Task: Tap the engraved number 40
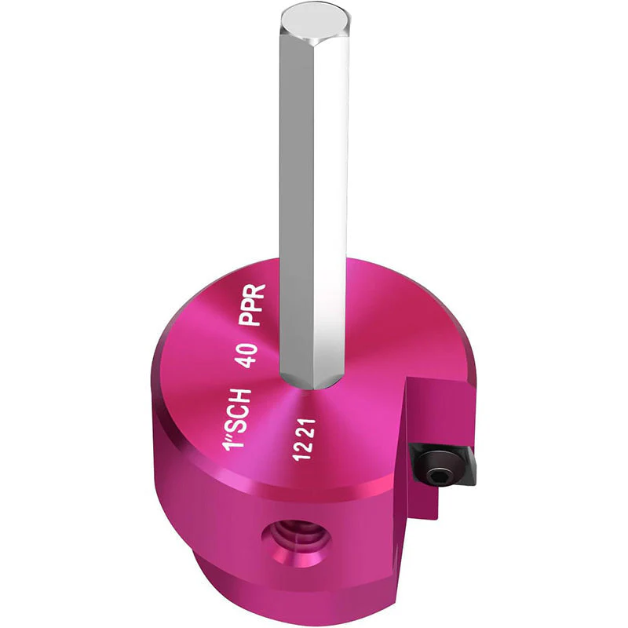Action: tap(246, 356)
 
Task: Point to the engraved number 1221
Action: tap(305, 440)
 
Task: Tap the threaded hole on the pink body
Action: tap(296, 543)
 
